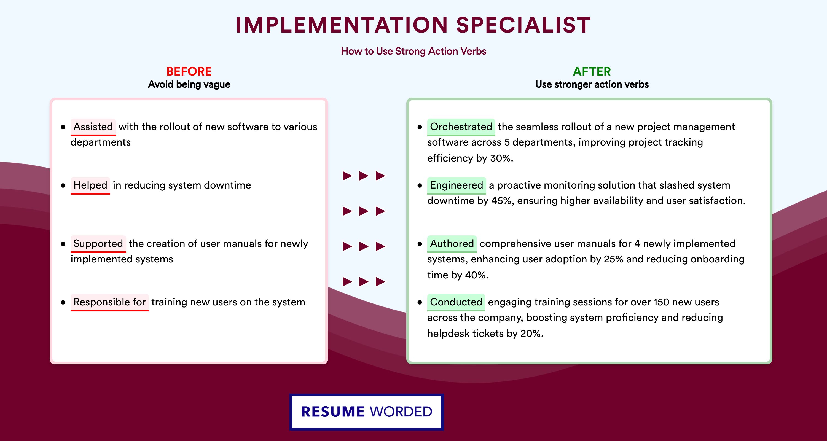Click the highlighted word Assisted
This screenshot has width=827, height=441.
click(x=93, y=127)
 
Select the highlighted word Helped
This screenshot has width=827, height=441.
click(x=90, y=185)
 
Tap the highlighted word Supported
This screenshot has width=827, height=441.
click(x=98, y=244)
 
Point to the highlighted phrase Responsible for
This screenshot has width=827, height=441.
click(x=109, y=302)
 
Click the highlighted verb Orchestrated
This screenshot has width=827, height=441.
click(x=461, y=127)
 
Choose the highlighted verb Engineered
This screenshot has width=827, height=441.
click(x=457, y=185)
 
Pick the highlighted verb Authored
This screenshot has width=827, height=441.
click(x=452, y=244)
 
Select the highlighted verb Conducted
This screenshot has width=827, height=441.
click(x=456, y=302)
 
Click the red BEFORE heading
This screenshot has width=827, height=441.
click(x=189, y=71)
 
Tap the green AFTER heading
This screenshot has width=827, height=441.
click(x=592, y=71)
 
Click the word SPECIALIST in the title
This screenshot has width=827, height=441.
click(x=523, y=25)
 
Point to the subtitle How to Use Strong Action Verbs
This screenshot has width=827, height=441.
click(x=413, y=51)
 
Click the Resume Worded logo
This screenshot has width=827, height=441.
click(x=367, y=412)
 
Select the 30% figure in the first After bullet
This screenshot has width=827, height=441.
click(x=501, y=158)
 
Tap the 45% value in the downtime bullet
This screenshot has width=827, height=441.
click(x=503, y=201)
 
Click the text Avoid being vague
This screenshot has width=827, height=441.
click(x=189, y=84)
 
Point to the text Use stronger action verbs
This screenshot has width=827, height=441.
click(x=592, y=84)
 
